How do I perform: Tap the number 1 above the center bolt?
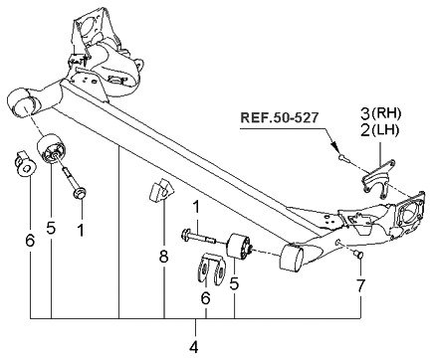(197, 207)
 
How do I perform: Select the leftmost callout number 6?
(30, 240)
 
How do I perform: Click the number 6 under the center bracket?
(204, 297)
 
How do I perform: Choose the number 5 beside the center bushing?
(235, 283)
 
